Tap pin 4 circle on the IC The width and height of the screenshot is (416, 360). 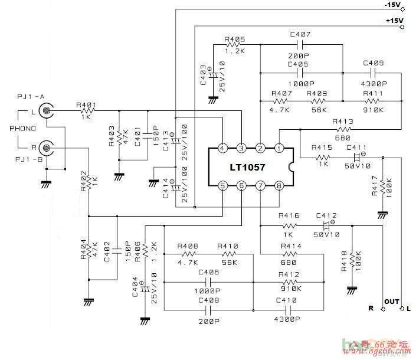[222, 148]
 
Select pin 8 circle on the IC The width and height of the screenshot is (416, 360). [279, 186]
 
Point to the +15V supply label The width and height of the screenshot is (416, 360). [393, 21]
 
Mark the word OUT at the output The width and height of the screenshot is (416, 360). [392, 302]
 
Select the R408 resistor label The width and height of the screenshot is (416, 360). [188, 246]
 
